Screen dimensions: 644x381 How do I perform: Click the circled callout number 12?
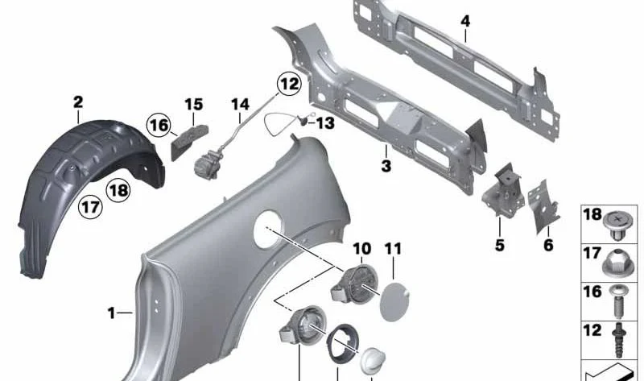click(289, 84)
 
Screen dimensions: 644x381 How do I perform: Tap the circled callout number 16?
click(159, 125)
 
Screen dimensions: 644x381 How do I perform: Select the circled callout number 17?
click(90, 206)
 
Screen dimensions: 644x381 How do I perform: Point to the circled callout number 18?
click(118, 191)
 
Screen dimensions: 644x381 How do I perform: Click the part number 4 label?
click(465, 22)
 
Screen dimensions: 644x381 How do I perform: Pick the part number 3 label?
click(386, 167)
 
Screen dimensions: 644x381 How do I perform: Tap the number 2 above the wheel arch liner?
click(78, 102)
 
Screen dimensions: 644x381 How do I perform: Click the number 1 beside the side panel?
click(111, 313)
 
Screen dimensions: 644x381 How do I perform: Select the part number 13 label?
click(325, 123)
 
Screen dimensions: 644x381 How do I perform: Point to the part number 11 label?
click(393, 249)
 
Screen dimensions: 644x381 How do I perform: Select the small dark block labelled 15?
click(189, 142)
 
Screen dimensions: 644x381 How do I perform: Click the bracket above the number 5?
click(504, 189)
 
